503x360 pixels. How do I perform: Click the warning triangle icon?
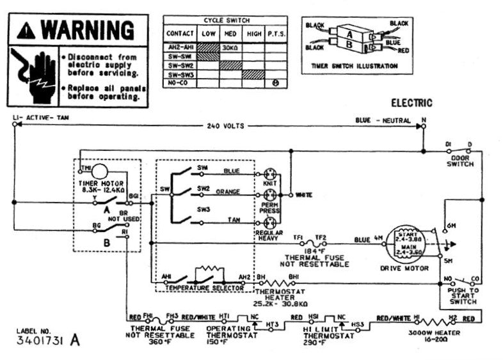(x=27, y=30)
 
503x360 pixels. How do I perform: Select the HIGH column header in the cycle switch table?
(x=253, y=34)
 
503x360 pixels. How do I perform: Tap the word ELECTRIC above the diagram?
(x=411, y=102)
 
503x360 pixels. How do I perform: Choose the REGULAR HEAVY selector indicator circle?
(x=269, y=223)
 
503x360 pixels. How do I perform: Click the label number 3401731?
(x=42, y=340)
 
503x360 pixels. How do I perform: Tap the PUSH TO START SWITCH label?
(x=463, y=295)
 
